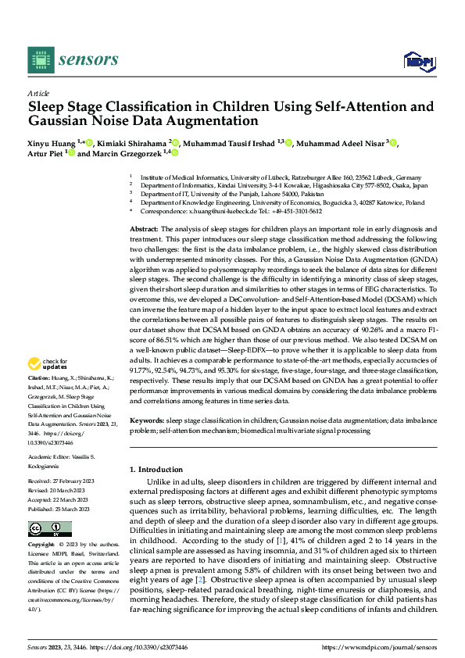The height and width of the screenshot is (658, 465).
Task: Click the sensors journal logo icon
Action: pyautogui.click(x=38, y=59)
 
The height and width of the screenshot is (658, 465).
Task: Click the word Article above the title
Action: pyautogui.click(x=38, y=92)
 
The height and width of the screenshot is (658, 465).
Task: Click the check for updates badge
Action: pyautogui.click(x=48, y=363)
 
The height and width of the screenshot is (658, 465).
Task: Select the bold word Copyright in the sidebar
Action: pyautogui.click(x=42, y=544)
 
